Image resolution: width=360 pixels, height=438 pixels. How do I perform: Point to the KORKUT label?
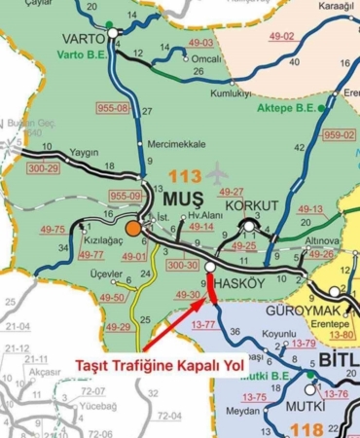point(251,206)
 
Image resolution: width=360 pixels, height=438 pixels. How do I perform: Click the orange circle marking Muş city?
point(132,229)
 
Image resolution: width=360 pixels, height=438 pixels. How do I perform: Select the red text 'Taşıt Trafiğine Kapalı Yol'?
point(143,366)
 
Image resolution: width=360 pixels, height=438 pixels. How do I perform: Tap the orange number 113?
point(184,176)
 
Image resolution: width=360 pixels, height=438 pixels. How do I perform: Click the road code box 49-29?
point(118,326)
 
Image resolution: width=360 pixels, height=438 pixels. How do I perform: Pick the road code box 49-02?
point(281,36)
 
